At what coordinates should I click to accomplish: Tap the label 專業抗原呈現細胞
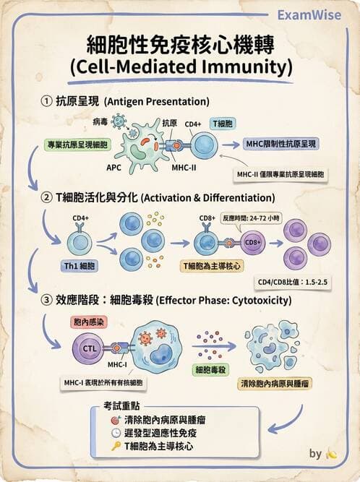[76, 145]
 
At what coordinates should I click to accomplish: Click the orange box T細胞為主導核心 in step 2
[210, 267]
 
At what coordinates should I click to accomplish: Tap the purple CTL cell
[90, 348]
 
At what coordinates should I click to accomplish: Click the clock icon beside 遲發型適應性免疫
[116, 433]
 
